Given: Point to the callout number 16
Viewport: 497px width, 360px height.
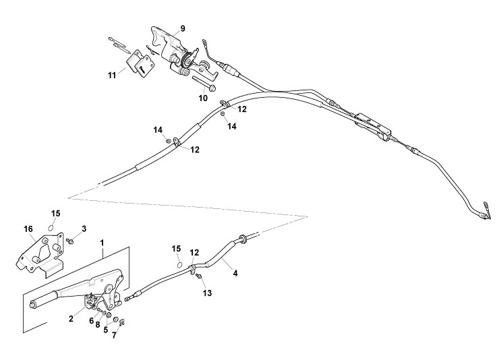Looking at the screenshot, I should click(28, 229).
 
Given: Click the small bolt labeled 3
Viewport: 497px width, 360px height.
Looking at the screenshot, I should click(69, 239).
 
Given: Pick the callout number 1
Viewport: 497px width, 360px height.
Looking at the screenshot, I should click(103, 241).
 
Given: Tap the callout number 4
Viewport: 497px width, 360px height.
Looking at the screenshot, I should click(235, 273).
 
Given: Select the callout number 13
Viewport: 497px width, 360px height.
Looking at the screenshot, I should click(208, 293).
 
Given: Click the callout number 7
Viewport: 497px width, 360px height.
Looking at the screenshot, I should click(114, 335).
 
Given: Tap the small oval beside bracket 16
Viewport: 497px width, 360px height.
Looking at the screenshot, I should click(55, 227).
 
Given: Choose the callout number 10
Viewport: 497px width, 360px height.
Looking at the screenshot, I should click(203, 98).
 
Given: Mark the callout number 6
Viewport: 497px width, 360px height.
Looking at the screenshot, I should click(91, 321).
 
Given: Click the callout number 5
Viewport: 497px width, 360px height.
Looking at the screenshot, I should click(105, 330).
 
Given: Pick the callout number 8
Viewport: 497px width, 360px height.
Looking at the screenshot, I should click(98, 325).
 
